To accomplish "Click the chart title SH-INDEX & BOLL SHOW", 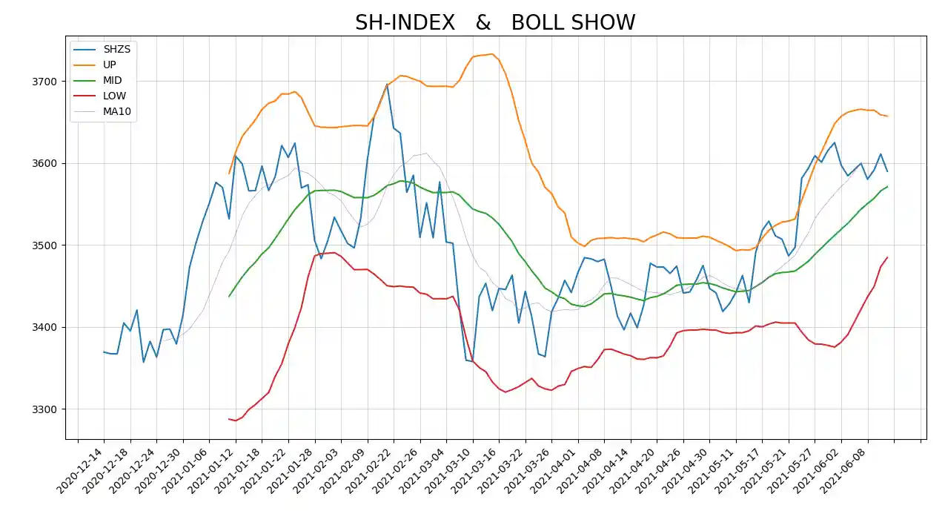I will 495,22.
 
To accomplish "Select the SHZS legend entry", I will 116,49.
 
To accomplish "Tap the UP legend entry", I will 109,65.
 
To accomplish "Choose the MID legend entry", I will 113,80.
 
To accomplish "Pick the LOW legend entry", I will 114,96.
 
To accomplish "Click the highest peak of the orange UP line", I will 491,54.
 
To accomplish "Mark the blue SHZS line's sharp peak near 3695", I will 387,85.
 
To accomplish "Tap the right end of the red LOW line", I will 887,257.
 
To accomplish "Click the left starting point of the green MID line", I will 229,297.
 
